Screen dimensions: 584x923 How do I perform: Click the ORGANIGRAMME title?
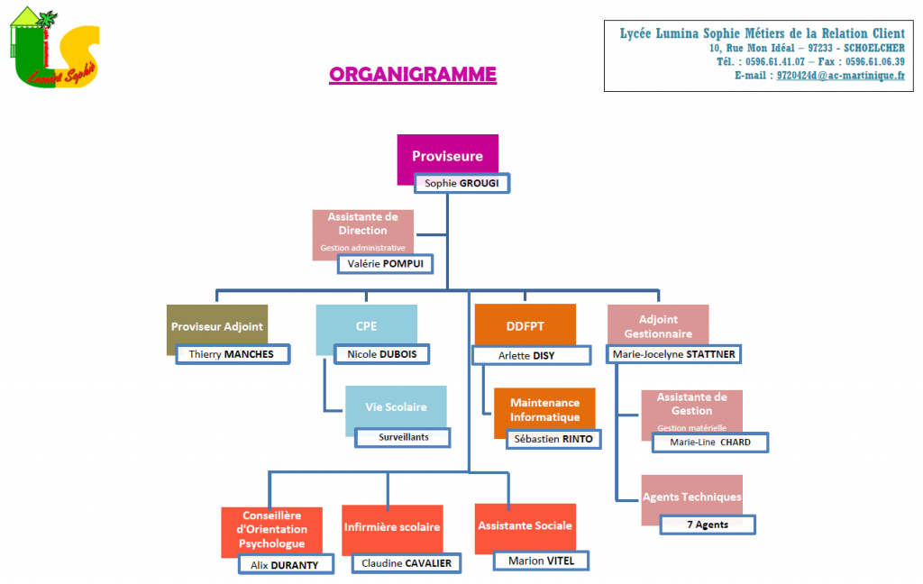click(413, 74)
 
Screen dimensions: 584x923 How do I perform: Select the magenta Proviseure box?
click(447, 155)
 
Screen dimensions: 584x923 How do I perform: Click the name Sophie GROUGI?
click(461, 183)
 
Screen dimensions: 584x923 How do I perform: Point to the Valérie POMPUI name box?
click(385, 263)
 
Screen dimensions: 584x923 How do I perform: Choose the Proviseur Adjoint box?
click(217, 327)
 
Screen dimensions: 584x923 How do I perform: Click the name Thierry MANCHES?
click(232, 354)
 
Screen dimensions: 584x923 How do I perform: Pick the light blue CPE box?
click(366, 327)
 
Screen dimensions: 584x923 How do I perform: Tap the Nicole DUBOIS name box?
click(381, 354)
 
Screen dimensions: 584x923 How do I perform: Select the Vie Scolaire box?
click(396, 406)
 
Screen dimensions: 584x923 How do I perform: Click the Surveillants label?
click(402, 437)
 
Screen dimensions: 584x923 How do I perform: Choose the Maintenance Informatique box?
click(544, 410)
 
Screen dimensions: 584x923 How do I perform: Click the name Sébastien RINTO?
click(553, 439)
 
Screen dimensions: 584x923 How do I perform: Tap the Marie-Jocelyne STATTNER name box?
click(673, 354)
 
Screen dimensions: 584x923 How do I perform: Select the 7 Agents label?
click(708, 524)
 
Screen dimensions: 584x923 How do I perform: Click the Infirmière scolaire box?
click(392, 526)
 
